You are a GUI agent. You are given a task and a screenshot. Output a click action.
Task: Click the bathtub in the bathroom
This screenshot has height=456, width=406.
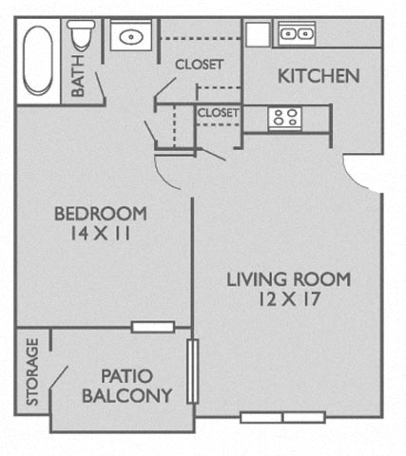pos(38,60)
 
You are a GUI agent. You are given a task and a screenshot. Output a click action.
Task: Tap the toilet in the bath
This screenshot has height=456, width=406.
pos(81,35)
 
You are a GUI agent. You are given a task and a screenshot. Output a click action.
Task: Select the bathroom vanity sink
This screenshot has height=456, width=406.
pos(131,37)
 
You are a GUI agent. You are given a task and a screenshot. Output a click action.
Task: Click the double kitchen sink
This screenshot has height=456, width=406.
pos(297,33)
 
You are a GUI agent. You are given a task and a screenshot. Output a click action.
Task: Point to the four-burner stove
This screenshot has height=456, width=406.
pos(285,118)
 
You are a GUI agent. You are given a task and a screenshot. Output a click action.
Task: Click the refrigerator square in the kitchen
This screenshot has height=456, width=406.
pos(259,34)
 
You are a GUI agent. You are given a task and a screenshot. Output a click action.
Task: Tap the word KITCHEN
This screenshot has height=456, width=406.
pos(319,76)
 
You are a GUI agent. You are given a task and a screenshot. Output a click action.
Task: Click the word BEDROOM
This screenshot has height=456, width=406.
pos(101,214)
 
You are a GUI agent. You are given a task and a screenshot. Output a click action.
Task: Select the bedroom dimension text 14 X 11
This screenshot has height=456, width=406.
pos(100,234)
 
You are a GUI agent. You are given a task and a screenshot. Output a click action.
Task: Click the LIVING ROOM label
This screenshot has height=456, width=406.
pos(289,279)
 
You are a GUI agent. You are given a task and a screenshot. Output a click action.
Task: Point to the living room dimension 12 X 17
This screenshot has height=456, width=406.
pos(289,299)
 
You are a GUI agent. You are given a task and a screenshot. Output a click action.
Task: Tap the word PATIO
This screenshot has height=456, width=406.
pos(126,376)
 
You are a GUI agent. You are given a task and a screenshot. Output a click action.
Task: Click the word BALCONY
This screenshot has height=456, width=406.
pos(126,395)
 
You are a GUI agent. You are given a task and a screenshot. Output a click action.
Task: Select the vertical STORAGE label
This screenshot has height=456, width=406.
pos(32,371)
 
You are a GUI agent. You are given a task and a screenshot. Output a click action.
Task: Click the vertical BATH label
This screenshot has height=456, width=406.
pos(78,76)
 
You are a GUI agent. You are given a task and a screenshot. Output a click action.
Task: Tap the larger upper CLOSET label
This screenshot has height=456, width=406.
pos(200,65)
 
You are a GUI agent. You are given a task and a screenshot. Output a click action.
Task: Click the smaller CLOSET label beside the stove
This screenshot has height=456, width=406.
pos(218,113)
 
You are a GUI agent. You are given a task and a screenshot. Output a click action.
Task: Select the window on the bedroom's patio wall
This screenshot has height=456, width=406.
pos(153,327)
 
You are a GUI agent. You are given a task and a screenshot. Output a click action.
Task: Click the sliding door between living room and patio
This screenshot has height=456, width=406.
pos(192,371)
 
